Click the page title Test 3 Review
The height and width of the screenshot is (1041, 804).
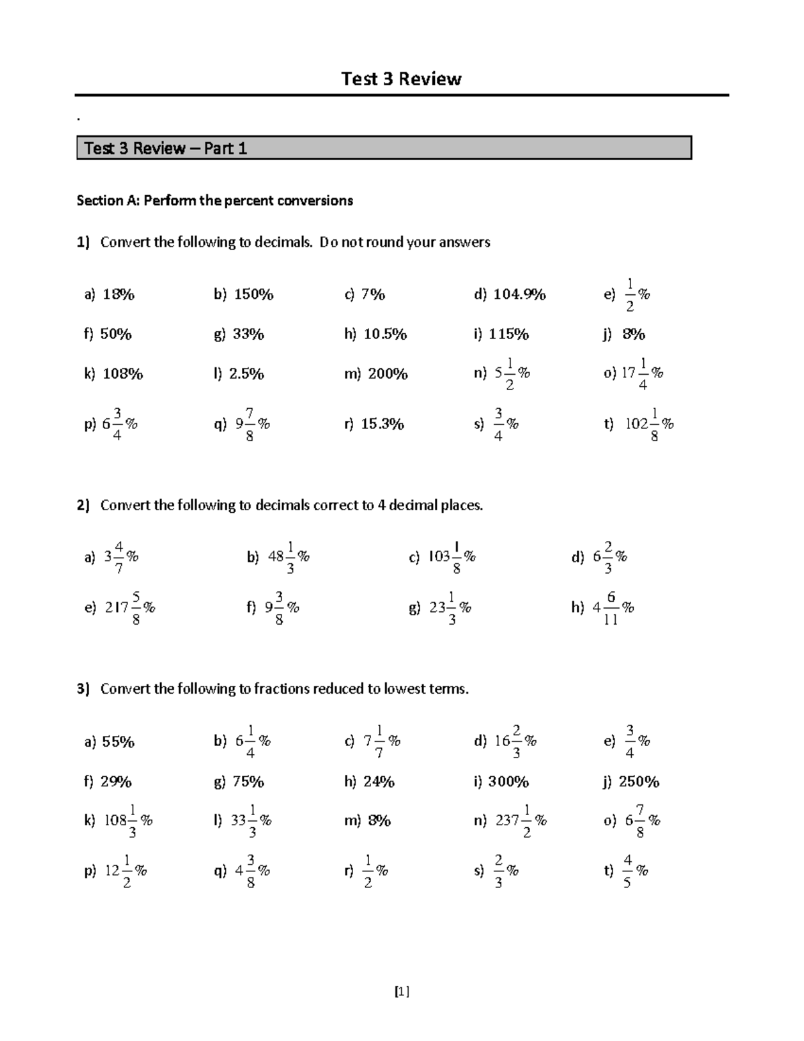(x=401, y=79)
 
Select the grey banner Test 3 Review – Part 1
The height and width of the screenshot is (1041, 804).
(x=384, y=148)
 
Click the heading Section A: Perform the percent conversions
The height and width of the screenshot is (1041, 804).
(x=214, y=200)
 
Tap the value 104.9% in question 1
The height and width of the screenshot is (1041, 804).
(x=519, y=294)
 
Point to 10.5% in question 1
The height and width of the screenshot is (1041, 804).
(x=385, y=334)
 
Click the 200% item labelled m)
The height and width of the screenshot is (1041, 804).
(x=387, y=374)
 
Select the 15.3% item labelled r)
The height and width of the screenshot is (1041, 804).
(x=382, y=424)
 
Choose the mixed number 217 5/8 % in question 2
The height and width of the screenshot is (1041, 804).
(x=130, y=608)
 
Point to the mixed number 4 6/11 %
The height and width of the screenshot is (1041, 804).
(x=613, y=608)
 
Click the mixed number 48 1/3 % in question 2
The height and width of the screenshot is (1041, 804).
(x=288, y=557)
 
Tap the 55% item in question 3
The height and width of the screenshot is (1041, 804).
(x=118, y=742)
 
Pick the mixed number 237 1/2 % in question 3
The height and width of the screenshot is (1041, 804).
(x=521, y=820)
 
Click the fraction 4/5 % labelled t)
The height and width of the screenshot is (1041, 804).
(x=634, y=871)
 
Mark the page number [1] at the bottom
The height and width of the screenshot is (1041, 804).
(x=402, y=991)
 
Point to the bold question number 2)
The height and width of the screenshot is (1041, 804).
(x=83, y=505)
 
